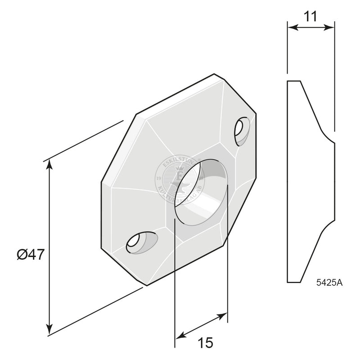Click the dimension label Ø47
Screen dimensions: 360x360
pyautogui.click(x=31, y=255)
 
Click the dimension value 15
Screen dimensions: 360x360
pyautogui.click(x=205, y=342)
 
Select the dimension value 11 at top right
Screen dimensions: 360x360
pyautogui.click(x=310, y=16)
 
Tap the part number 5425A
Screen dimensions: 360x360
pyautogui.click(x=329, y=283)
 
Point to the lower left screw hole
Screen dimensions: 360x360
pyautogui.click(x=139, y=243)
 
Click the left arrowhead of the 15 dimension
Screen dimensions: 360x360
pyautogui.click(x=178, y=336)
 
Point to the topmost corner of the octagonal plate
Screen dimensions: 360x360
pyautogui.click(x=214, y=74)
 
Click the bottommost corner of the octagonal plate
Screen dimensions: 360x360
pyautogui.click(x=147, y=285)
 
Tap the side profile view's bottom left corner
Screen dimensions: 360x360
pyautogui.click(x=288, y=282)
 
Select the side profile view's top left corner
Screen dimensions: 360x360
pyautogui.click(x=288, y=81)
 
